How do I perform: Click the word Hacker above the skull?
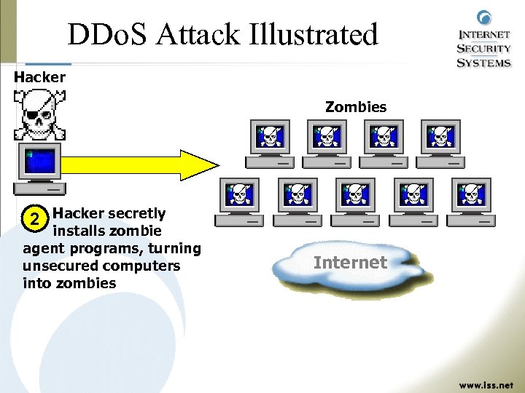pyautogui.click(x=39, y=76)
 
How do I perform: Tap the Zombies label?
pyautogui.click(x=356, y=107)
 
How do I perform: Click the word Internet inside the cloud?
pyautogui.click(x=350, y=262)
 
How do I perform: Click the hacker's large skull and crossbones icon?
pyautogui.click(x=40, y=115)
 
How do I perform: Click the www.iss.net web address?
pyautogui.click(x=484, y=382)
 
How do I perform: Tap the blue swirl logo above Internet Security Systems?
pyautogui.click(x=483, y=19)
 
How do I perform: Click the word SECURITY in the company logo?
pyautogui.click(x=483, y=48)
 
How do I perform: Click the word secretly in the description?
pyautogui.click(x=136, y=213)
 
